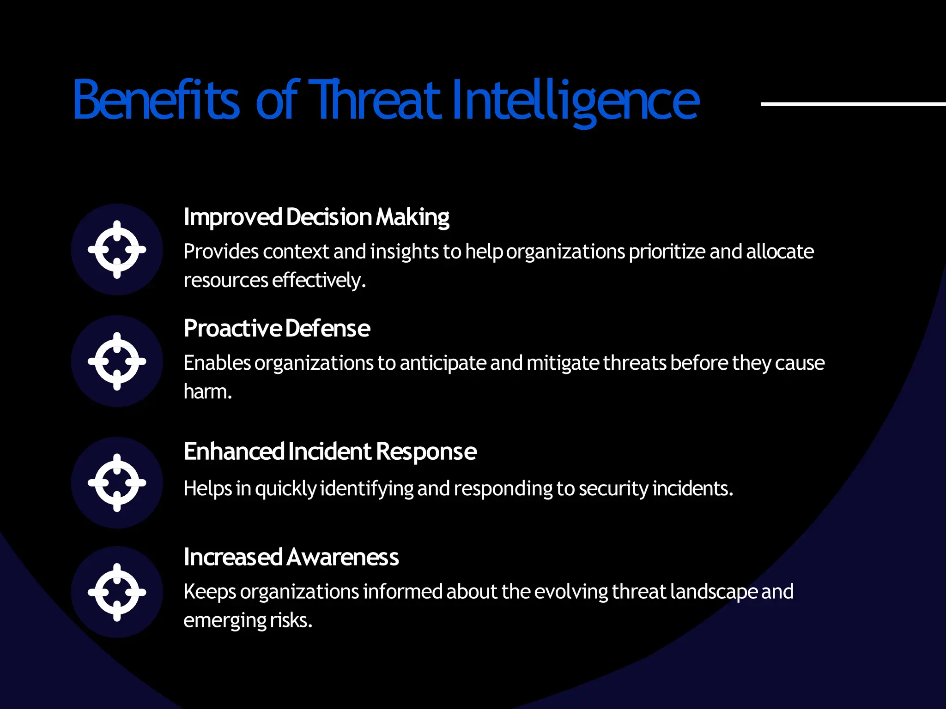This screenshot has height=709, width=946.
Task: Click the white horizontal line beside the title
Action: pos(853,104)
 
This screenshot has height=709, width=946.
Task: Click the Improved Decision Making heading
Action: pos(316,217)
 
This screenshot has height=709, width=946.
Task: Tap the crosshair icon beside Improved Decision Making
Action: pos(117,249)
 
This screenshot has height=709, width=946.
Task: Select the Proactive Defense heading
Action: pos(277,329)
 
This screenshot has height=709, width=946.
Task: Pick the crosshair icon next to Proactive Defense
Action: pos(117,361)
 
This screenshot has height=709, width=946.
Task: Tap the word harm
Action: pos(207,392)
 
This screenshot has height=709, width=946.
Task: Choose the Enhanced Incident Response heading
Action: pos(330,451)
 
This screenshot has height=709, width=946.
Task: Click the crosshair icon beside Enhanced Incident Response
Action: pos(117,482)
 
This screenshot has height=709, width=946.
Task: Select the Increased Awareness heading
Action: pos(291,557)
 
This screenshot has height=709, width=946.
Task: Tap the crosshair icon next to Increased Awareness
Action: pos(117,592)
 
